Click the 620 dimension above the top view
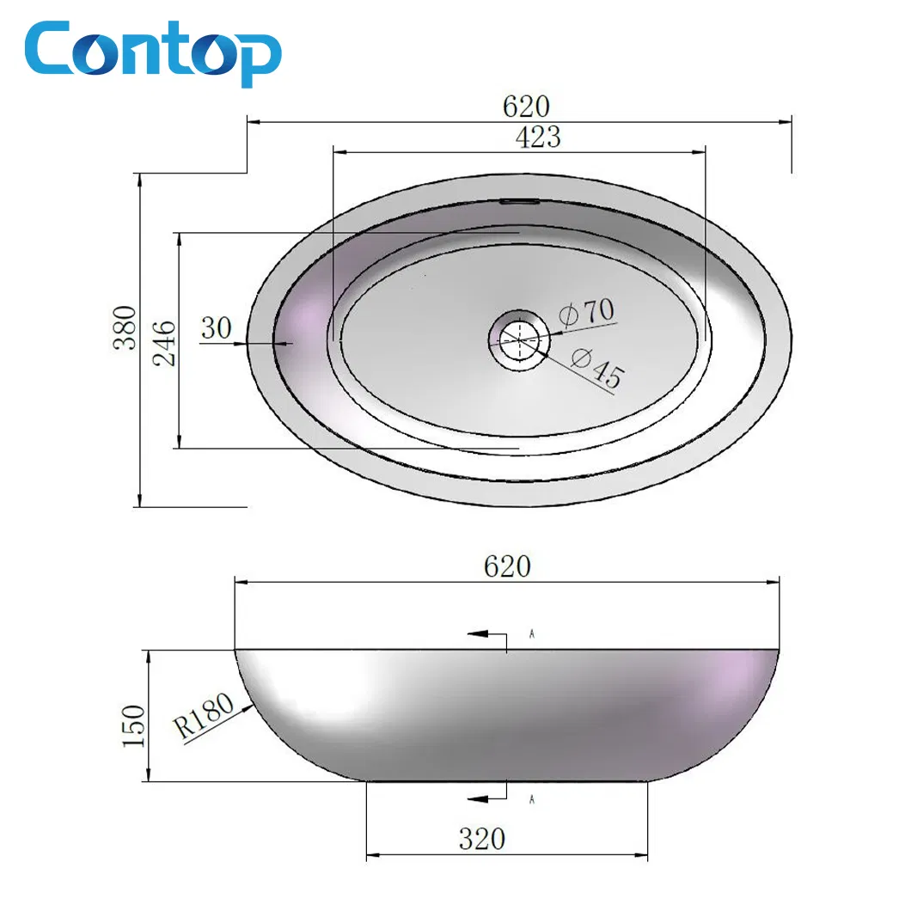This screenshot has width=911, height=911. [x=525, y=107]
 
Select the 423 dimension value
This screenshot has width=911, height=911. [x=538, y=137]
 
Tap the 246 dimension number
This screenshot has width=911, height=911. [x=165, y=343]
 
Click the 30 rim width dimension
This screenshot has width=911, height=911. [x=217, y=327]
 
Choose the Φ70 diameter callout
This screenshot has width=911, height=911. [x=587, y=310]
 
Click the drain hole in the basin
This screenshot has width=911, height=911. [x=519, y=339]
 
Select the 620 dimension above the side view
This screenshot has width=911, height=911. [x=507, y=566]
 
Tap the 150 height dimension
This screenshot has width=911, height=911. [x=134, y=726]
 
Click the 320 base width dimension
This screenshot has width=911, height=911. [x=481, y=839]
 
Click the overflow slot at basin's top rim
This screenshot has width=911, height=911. [x=520, y=202]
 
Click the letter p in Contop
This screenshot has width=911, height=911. [x=255, y=57]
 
